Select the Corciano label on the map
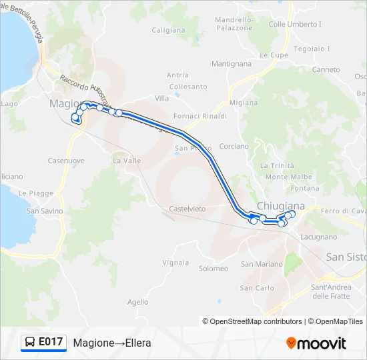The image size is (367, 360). click(x=234, y=146)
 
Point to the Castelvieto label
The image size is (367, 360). click(x=188, y=209)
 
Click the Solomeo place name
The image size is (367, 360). click(x=214, y=268)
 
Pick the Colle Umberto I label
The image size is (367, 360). click(x=295, y=24)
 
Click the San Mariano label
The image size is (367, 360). click(x=262, y=264)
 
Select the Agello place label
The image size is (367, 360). click(x=137, y=302)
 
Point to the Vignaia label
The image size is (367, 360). click(x=175, y=263)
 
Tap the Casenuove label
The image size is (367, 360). click(x=66, y=161)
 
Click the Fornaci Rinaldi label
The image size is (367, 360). click(x=200, y=116)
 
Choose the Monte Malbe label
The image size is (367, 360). click(x=288, y=177)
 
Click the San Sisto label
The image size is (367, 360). click(x=346, y=257)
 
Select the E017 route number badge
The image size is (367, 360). click(x=51, y=342)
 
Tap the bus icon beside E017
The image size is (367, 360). click(x=30, y=343)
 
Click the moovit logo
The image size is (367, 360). click(x=316, y=343)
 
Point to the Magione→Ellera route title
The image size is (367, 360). click(x=112, y=343)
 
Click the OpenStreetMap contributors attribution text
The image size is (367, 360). click(x=256, y=321)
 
